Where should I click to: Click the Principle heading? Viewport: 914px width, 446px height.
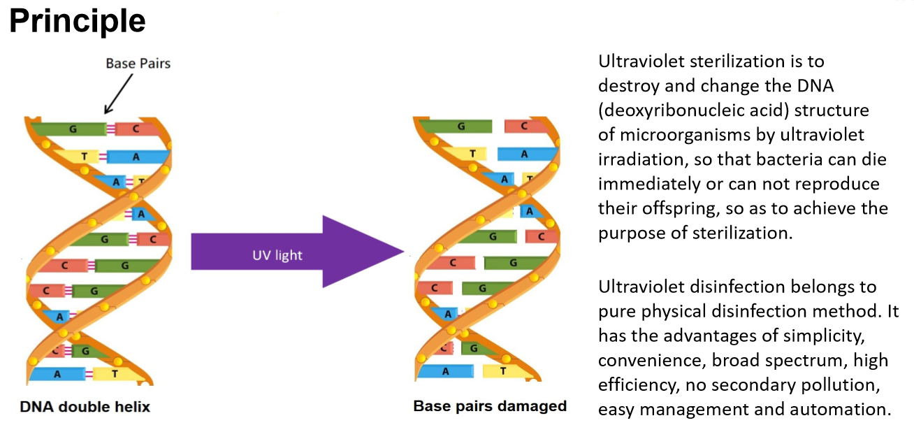(x=77, y=21)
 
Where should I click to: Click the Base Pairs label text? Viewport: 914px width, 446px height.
(x=138, y=64)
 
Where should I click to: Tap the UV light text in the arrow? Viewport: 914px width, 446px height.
(x=277, y=255)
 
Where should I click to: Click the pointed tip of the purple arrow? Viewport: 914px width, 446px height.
(x=402, y=252)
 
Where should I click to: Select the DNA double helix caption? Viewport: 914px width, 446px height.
(x=85, y=407)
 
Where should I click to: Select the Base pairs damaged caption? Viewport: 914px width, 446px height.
(x=490, y=406)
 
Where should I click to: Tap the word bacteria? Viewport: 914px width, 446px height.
(x=789, y=159)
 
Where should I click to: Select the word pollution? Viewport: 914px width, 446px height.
(x=846, y=384)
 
